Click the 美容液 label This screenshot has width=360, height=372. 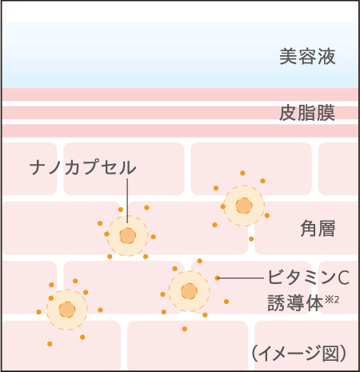pos(307,57)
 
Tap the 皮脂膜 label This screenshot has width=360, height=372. pos(307,113)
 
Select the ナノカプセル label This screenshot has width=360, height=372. pos(83,167)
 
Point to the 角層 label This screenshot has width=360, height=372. pos(318,229)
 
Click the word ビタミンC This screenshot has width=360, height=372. pos(308,278)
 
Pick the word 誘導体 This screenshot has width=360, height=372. pos(295,303)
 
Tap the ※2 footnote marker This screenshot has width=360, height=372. pos(332,300)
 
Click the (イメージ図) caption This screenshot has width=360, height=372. pos(299,354)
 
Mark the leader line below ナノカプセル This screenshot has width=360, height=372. pos(127,201)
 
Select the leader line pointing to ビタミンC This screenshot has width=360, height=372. pos(241,278)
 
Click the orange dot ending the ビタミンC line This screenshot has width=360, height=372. pos(218,278)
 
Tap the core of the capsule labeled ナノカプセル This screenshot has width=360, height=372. pos(128,236)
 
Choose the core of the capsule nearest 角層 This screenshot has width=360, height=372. pos(244,206)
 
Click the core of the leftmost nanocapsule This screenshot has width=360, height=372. pos(67,310)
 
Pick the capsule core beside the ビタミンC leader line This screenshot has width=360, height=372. pos(189,291)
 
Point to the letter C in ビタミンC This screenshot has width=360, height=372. pos(344,278)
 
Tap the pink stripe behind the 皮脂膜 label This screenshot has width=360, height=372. pos(180,113)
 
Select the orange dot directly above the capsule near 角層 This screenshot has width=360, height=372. pos(242,173)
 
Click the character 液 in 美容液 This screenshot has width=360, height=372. pos(326,57)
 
